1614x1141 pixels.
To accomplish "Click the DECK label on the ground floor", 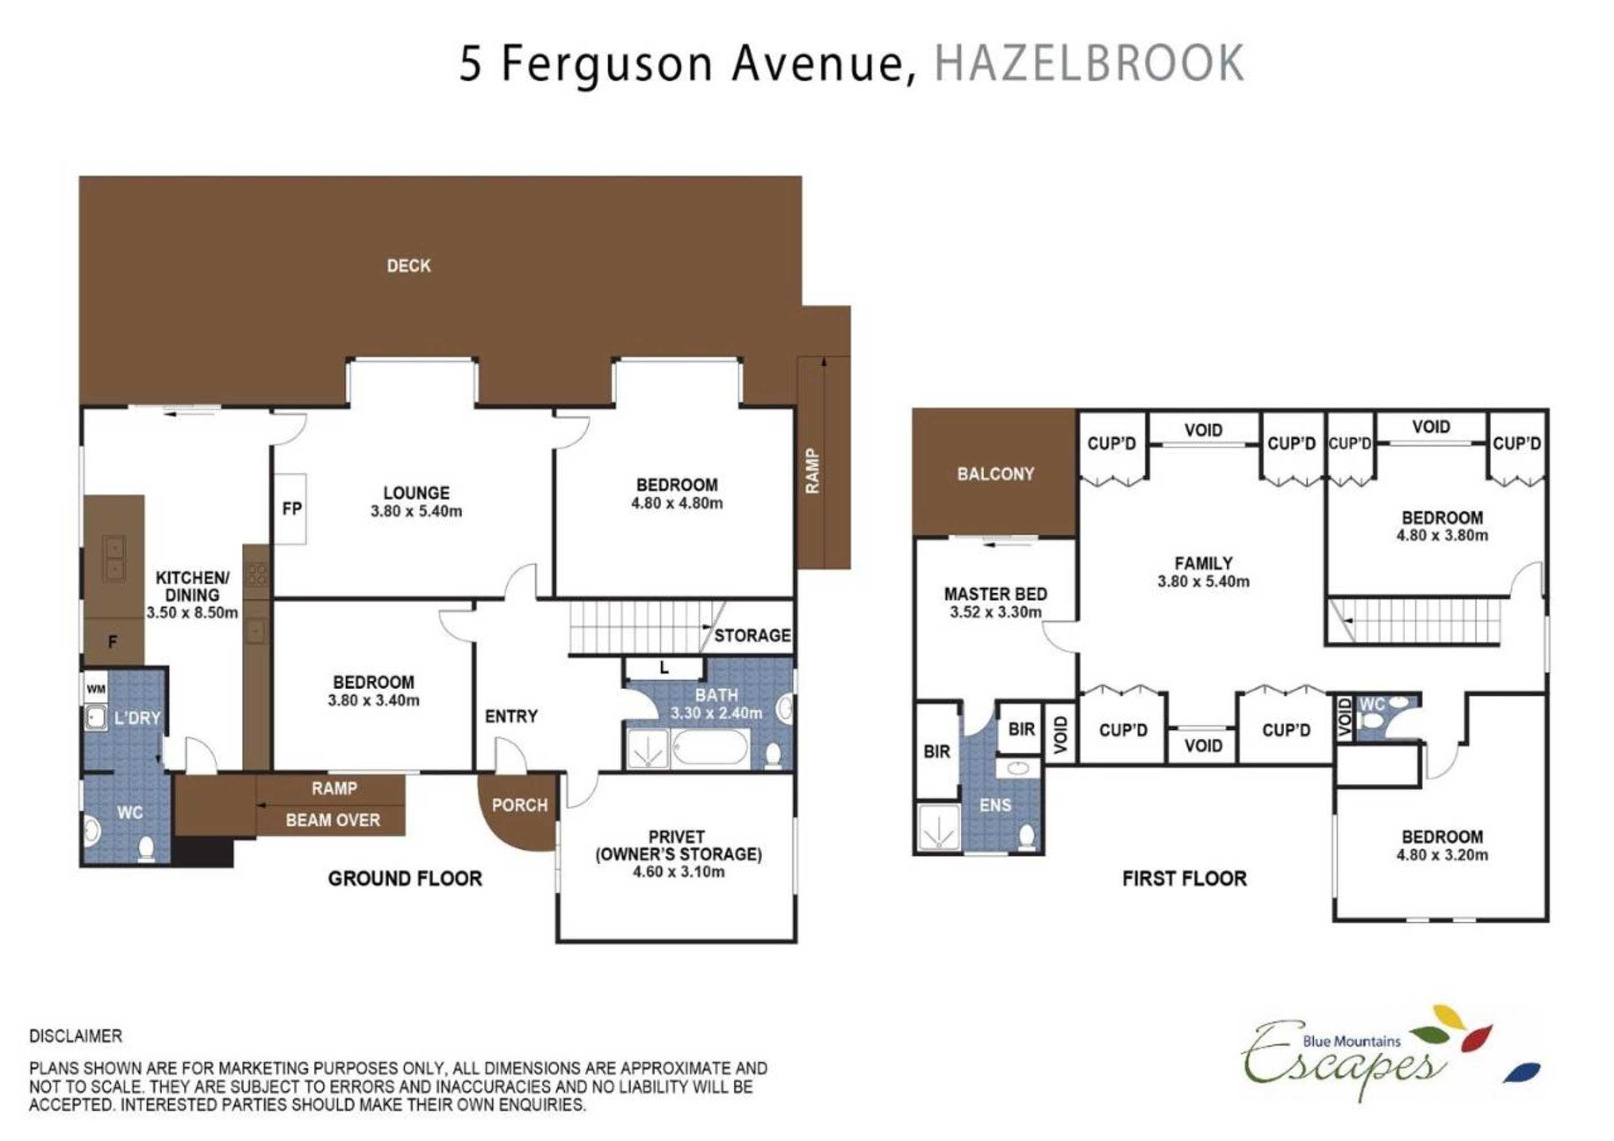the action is (408, 266).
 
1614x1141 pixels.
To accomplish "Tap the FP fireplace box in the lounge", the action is (290, 508).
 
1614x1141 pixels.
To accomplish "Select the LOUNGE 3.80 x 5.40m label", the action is (416, 502).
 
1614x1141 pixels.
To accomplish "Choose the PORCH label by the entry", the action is (520, 805).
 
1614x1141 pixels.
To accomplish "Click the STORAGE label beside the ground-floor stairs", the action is (752, 636).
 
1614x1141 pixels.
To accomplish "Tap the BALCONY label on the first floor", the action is (996, 474).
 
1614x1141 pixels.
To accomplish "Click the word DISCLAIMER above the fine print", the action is (76, 1036).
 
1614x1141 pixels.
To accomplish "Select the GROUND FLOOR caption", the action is (405, 879).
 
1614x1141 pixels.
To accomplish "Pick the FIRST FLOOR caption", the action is (1184, 879).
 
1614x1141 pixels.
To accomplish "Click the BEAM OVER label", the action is (333, 820).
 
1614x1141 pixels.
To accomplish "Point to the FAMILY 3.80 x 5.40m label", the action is (1203, 572).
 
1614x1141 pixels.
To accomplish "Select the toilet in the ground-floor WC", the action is (146, 848).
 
